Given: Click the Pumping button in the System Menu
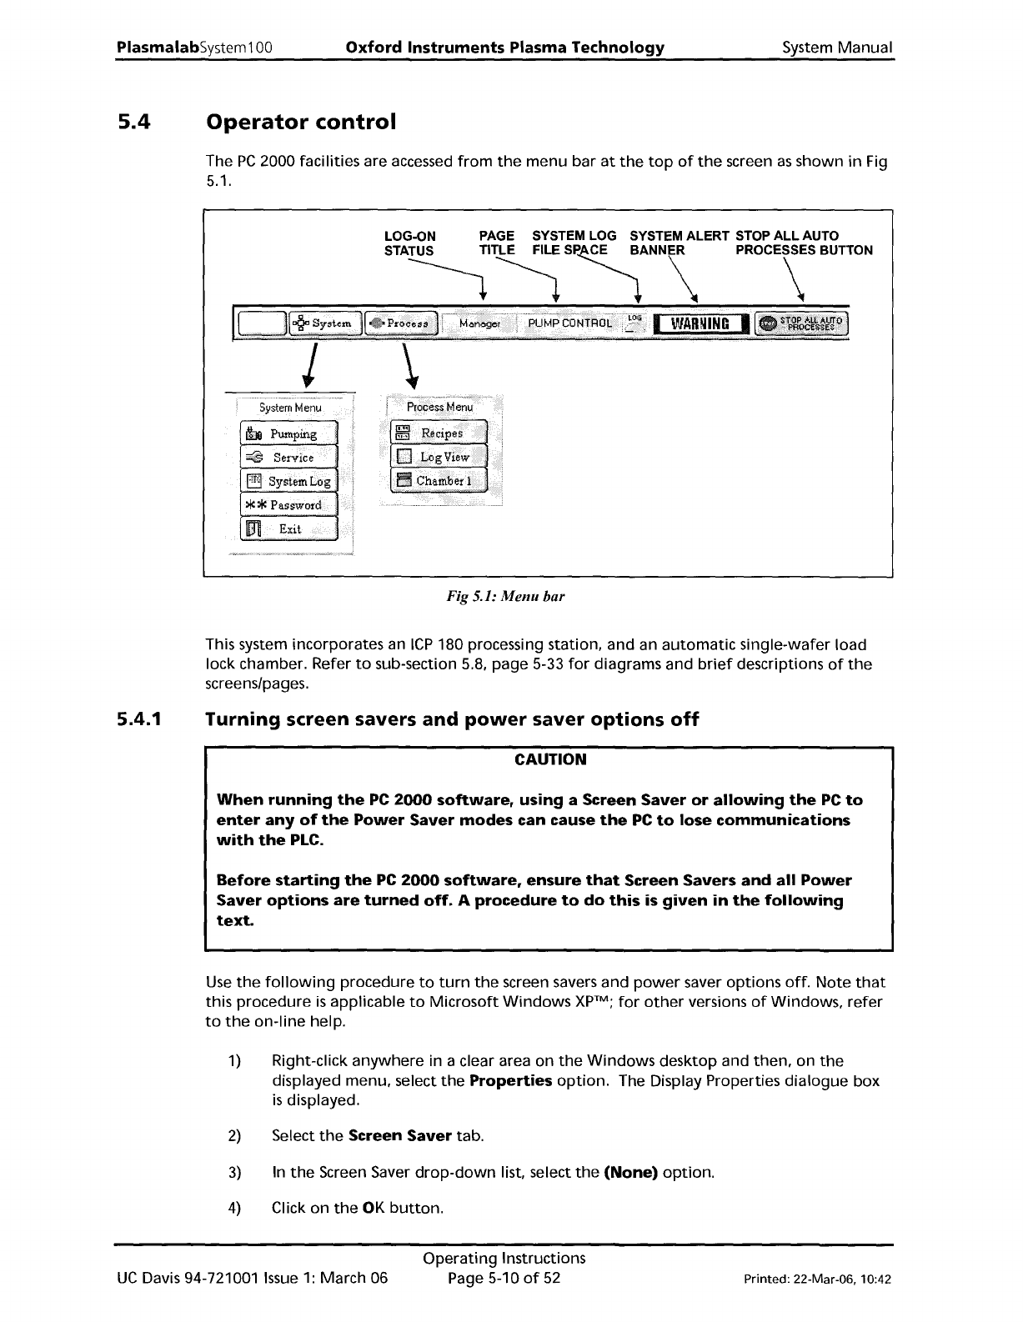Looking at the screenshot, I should point(288,434).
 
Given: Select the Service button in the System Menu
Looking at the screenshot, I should point(288,458).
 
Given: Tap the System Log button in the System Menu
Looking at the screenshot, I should point(288,481).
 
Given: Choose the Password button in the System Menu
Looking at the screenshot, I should point(288,505).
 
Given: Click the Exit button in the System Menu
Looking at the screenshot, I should point(288,528).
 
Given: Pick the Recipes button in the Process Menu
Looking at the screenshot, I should point(439,433).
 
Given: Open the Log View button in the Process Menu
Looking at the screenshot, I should point(439,457).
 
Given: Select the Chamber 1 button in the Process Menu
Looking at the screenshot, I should point(439,481).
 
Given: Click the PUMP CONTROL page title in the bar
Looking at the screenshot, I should point(564,323).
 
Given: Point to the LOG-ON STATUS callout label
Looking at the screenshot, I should point(409,243).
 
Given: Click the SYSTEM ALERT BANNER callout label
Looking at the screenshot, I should point(679,243).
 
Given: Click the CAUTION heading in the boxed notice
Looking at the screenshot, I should point(549,759).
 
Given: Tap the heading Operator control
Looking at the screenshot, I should point(300,122).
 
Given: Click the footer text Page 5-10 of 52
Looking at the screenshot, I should point(504,1278).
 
